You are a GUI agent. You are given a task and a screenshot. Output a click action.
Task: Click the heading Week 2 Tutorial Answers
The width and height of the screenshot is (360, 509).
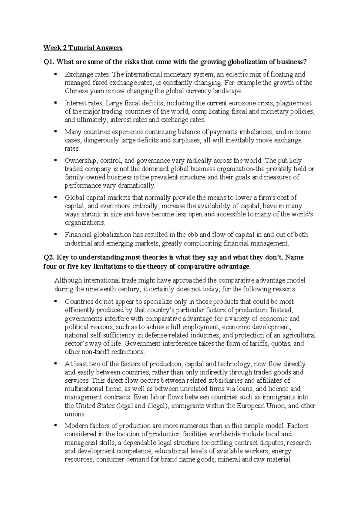coord(83,48)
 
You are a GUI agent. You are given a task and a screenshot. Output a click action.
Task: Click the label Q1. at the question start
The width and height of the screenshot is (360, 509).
coord(49,62)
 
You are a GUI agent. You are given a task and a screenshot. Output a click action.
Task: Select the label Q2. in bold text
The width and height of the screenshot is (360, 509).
coord(49,258)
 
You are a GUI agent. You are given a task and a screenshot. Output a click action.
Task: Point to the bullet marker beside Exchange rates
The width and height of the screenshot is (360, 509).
coord(55,74)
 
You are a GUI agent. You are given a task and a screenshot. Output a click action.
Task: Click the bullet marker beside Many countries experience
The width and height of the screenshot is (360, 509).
coord(55,131)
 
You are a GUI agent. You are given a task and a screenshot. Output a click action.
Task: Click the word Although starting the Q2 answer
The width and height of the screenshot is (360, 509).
coord(68,281)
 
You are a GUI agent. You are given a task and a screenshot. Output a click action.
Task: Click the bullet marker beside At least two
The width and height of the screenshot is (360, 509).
coord(55,364)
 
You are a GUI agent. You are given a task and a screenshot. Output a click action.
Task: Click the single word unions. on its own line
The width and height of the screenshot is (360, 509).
coord(75,414)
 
